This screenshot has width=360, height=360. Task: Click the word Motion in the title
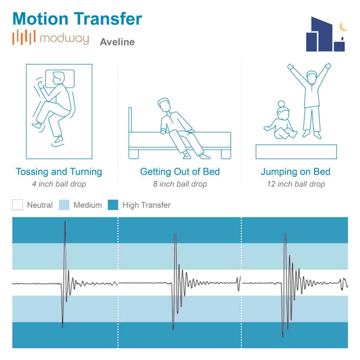coord(40,19)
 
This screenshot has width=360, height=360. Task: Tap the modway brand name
coord(64,39)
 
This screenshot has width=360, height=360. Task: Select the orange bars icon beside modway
coord(24,37)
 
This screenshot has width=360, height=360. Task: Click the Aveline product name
coord(117,42)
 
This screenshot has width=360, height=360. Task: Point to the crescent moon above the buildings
coord(343,27)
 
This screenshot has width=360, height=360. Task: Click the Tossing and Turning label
coord(59,172)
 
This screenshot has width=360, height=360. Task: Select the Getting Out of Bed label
coord(180,172)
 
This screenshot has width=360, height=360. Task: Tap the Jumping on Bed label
coord(296,172)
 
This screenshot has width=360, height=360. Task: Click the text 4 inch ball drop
coord(59,184)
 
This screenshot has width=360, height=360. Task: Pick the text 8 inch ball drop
coord(180,184)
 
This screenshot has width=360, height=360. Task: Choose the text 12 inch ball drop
coord(296,184)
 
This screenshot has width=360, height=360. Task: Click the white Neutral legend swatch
coord(18,205)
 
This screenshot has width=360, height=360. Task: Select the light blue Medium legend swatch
coord(64,205)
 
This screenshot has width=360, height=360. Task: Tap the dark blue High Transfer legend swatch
coord(113,205)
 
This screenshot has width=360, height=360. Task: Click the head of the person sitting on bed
coord(164,105)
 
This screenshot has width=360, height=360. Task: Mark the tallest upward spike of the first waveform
coord(65,221)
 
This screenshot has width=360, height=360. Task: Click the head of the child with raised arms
coord(312,77)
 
